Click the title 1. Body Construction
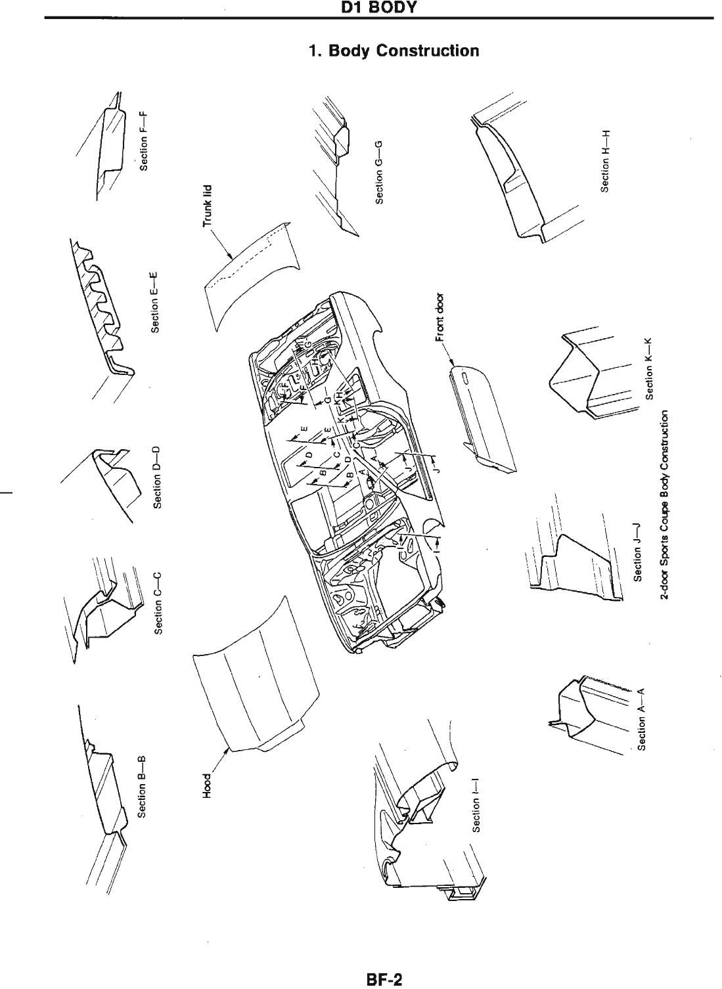click(394, 51)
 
